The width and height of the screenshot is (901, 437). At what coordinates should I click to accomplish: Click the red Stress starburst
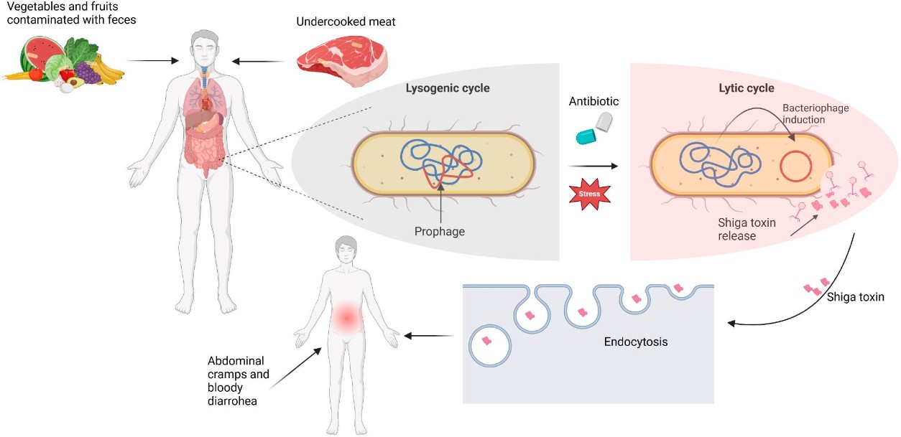589,194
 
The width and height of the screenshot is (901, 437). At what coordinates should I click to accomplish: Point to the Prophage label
439,232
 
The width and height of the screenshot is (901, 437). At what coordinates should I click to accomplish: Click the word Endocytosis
636,342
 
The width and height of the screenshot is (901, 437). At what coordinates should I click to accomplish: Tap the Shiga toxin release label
747,230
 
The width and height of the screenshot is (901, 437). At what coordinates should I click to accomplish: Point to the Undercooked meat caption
346,22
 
